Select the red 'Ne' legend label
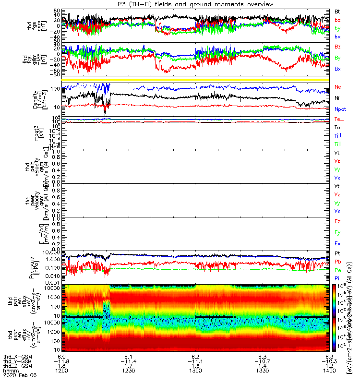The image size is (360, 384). [x=338, y=87]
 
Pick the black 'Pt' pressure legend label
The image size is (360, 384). [x=338, y=253]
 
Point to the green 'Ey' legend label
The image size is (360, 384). [x=338, y=232]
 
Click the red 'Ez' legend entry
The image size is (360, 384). [x=338, y=221]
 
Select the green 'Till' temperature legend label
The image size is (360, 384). [x=338, y=144]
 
